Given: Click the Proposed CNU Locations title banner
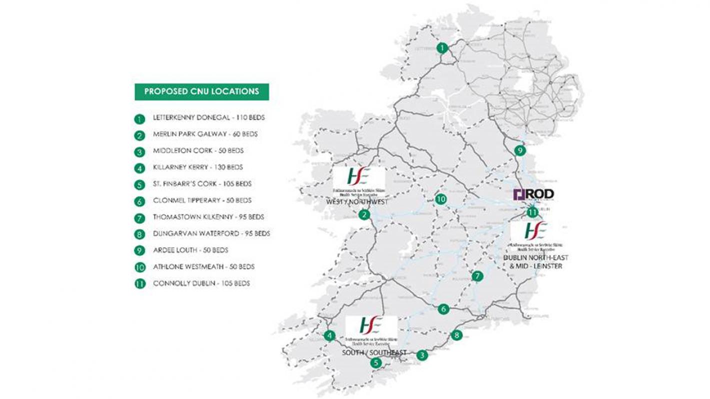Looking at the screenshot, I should click(x=201, y=92).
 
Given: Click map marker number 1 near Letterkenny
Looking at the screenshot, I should click(x=442, y=48).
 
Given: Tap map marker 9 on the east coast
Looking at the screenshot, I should click(x=520, y=150).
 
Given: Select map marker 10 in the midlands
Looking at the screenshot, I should click(x=440, y=199).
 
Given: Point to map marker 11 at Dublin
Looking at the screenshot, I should click(x=532, y=212).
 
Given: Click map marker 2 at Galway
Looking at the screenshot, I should click(x=365, y=215).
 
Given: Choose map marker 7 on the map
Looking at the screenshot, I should click(x=477, y=276).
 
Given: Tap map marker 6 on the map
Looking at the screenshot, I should click(x=443, y=309).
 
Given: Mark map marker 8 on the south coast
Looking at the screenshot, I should click(x=456, y=335).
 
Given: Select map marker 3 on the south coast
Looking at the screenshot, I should click(x=422, y=356).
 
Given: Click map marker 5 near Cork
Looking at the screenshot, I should click(x=375, y=364).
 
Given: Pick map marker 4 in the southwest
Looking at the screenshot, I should click(x=329, y=336).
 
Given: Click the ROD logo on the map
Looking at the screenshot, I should click(x=533, y=194).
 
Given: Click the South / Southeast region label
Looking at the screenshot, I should click(x=374, y=353).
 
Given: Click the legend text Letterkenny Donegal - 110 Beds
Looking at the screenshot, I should click(x=208, y=119).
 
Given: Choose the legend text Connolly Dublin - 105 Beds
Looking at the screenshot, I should click(x=201, y=283).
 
